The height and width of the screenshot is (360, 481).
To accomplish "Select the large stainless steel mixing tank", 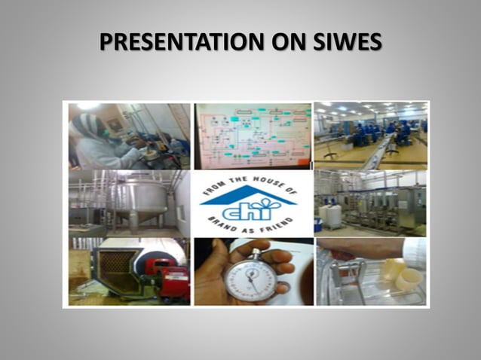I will [x=139, y=198].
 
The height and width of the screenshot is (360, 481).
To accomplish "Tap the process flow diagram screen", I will [x=252, y=136].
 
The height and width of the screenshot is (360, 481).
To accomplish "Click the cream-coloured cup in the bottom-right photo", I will [x=407, y=279].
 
